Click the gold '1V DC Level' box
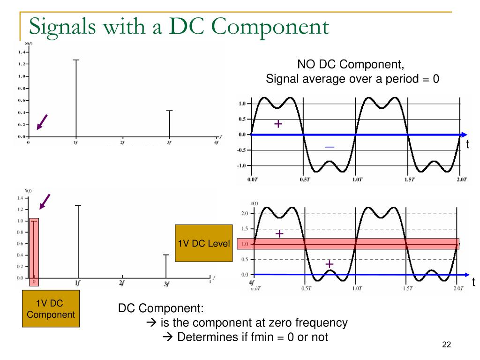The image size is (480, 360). point(204,243)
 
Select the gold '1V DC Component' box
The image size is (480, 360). point(51,308)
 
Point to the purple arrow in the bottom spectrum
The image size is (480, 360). point(45,202)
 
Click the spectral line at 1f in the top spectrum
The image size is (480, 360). point(76,98)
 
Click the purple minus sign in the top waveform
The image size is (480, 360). point(330,147)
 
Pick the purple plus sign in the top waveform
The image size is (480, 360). point(278,124)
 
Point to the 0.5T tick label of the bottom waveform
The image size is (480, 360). point(306,288)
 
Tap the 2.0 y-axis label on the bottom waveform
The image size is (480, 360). point(244,214)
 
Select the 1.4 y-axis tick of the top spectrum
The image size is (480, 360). point(22,52)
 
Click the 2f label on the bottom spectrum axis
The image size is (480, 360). point(122,283)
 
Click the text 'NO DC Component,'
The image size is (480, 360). point(351,65)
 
